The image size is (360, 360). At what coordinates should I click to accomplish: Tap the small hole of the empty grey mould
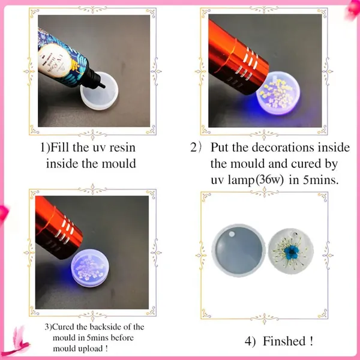pos(232,234)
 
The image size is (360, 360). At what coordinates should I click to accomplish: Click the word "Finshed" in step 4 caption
pos(284,341)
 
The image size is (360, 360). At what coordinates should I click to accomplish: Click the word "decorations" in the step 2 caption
pos(283,147)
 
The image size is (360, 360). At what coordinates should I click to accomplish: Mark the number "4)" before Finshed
pos(250,341)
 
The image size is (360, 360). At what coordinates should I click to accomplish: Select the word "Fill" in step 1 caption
pos(59,147)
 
